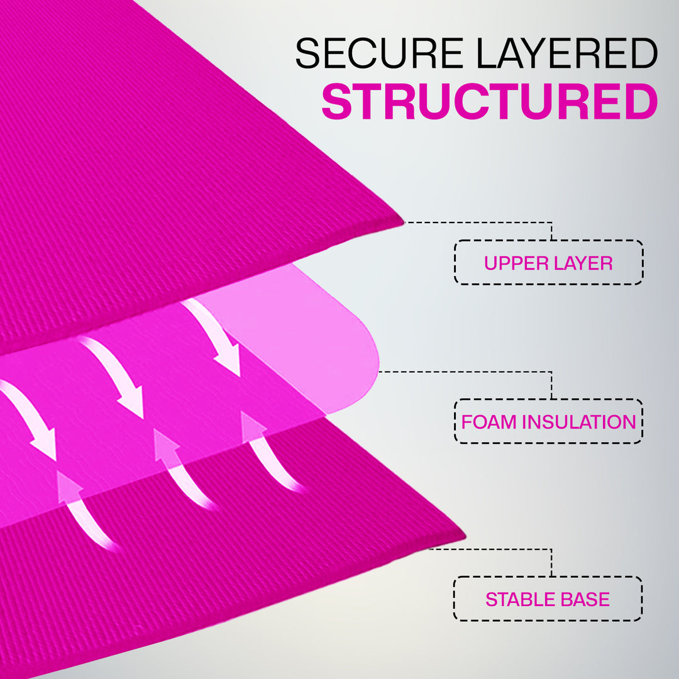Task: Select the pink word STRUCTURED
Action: tap(489, 102)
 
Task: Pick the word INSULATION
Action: tap(580, 422)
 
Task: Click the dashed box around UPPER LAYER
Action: tap(548, 241)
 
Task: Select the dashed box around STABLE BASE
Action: tap(548, 578)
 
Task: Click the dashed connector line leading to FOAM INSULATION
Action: tap(465, 372)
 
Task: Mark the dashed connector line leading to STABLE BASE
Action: tap(490, 549)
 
